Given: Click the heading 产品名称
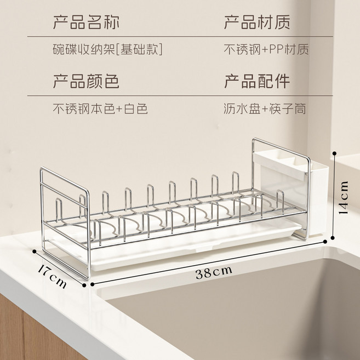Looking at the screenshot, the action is tap(86, 22).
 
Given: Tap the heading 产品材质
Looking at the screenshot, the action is tap(257, 22).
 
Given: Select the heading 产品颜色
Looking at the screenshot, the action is tap(86, 81).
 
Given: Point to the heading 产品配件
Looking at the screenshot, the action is tap(257, 81).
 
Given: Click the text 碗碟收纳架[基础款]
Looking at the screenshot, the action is tap(108, 49).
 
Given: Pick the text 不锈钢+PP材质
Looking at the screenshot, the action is tap(266, 49).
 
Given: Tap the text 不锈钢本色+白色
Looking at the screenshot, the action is tap(100, 108).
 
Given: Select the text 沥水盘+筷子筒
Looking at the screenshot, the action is tap(265, 108).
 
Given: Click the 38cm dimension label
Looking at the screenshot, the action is tap(214, 272).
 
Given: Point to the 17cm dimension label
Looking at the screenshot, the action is tap(53, 276).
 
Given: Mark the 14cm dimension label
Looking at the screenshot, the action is tap(344, 198).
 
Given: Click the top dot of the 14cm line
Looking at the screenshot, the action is tap(334, 153).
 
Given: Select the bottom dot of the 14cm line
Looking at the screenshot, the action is tap(333, 238).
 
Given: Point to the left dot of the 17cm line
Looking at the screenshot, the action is tap(35, 252).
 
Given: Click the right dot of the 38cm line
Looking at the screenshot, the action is tap(325, 241).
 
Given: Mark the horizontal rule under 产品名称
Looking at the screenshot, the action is tap(180, 36).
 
